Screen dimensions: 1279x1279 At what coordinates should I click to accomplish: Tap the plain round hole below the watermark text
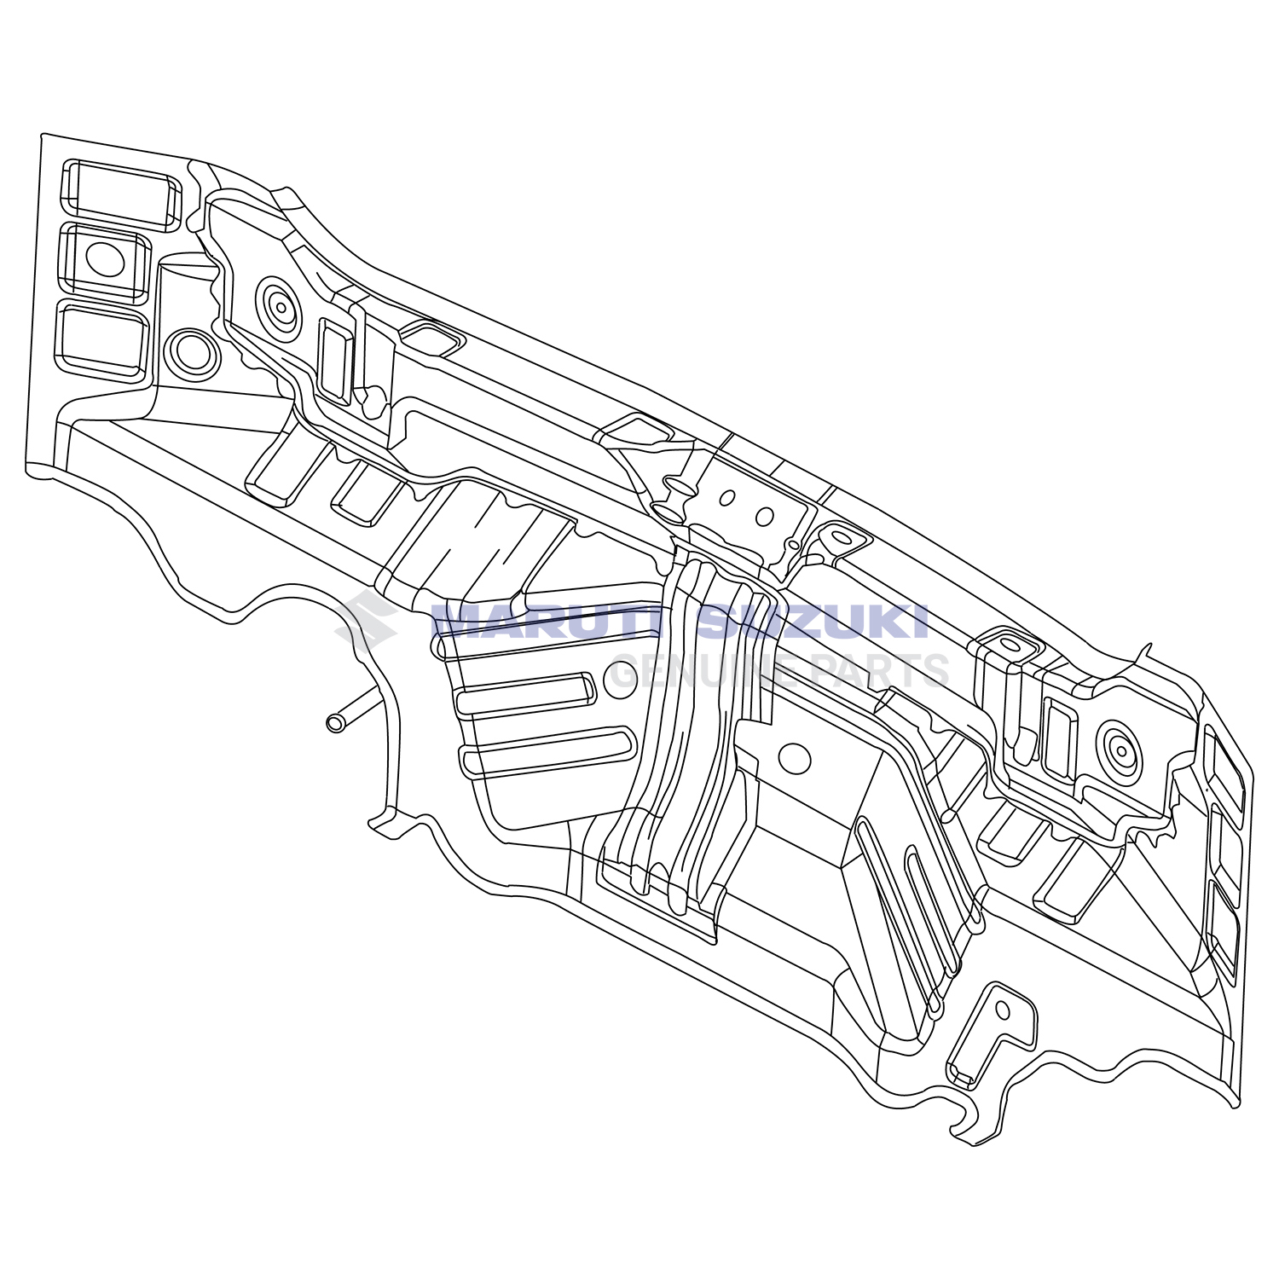pyautogui.click(x=795, y=758)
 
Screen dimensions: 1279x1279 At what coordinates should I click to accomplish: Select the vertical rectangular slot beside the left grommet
pyautogui.click(x=335, y=361)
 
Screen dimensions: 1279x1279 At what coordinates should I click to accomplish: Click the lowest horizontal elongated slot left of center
pyautogui.click(x=547, y=751)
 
